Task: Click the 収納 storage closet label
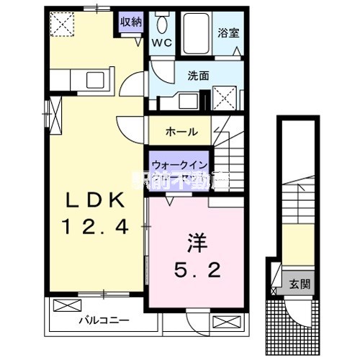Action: pyautogui.click(x=131, y=22)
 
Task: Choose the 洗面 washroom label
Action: pyautogui.click(x=199, y=74)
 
